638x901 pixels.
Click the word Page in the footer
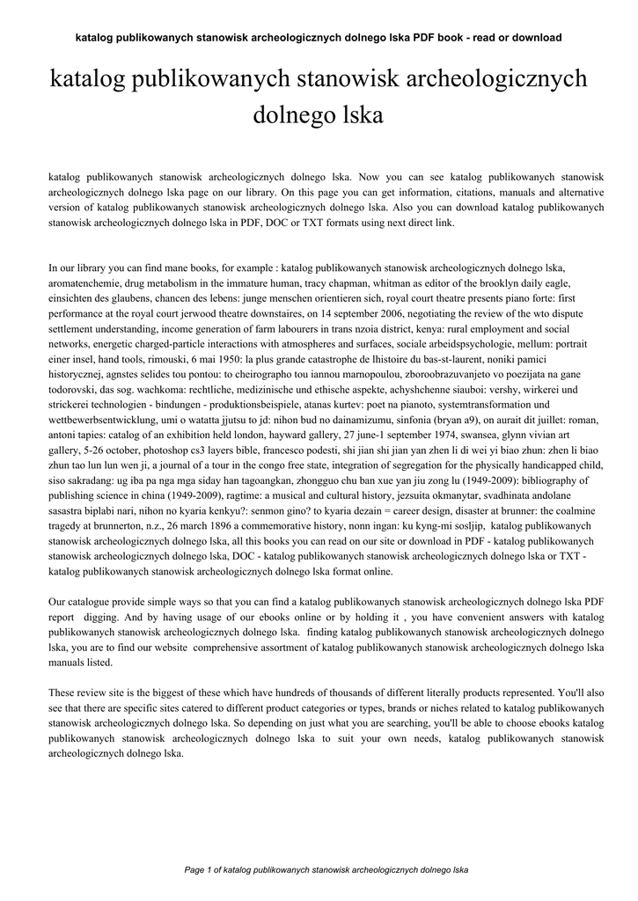tap(194, 870)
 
